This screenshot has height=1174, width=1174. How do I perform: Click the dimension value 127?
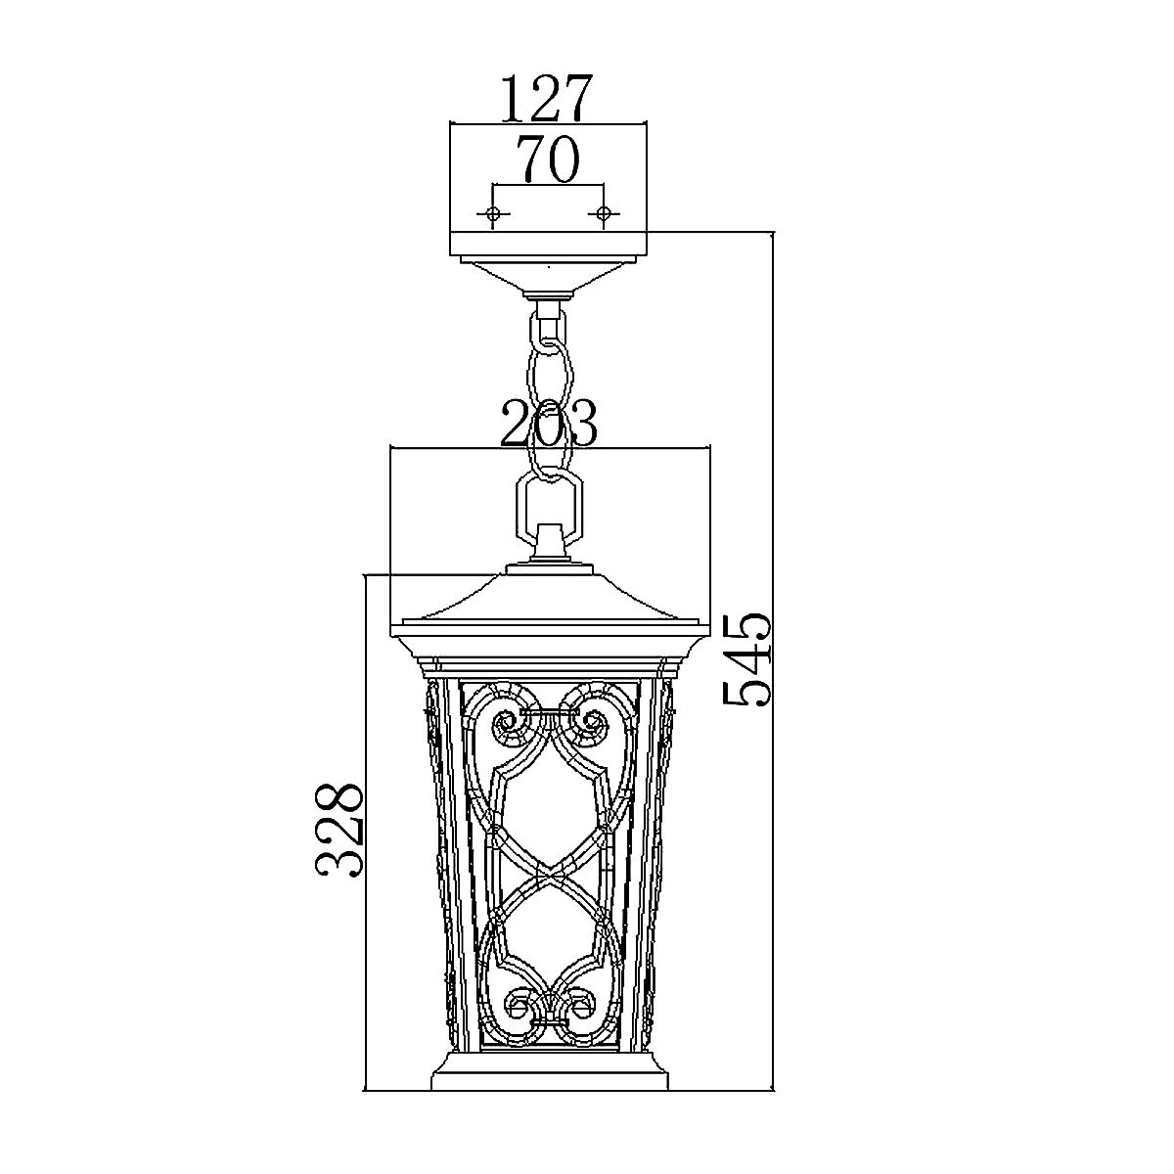pos(547,98)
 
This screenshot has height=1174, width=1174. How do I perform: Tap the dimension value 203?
pos(549,424)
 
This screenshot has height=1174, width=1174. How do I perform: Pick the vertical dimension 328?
pos(339,828)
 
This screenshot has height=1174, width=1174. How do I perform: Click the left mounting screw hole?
pos(493,213)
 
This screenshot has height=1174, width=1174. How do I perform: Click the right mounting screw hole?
pos(604,213)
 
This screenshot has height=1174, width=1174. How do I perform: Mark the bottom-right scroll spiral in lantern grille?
pos(581,1002)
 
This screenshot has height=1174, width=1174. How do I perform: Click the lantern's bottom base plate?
pos(549,1070)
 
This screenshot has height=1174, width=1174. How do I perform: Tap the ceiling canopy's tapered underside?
pos(549,276)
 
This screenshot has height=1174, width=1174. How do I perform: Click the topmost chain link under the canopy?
pos(549,328)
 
